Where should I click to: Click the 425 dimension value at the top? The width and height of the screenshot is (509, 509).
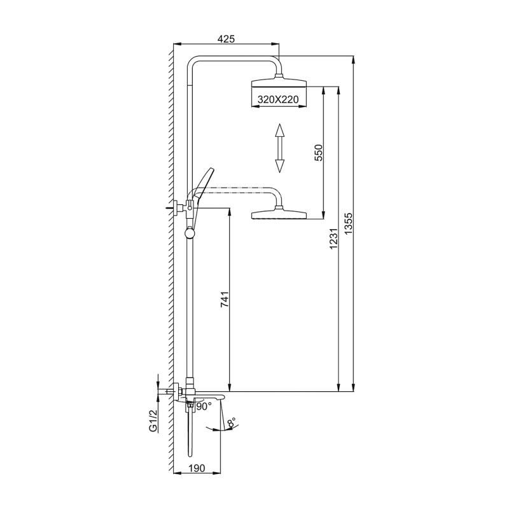[x=227, y=39]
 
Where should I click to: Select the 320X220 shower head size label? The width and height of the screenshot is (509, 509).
[x=279, y=99]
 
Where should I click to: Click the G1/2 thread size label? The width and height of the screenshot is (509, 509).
[x=153, y=421]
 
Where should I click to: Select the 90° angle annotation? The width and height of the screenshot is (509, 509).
[x=204, y=406]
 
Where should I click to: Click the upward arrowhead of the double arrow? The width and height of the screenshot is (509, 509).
[x=279, y=131]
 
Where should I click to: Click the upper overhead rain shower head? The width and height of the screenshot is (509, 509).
[x=279, y=83]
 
